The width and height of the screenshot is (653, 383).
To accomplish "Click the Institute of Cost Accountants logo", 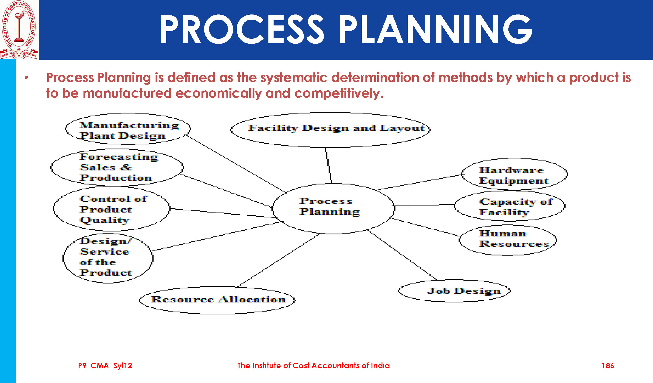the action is [x=19, y=30].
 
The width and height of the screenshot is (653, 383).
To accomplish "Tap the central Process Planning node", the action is [x=333, y=209].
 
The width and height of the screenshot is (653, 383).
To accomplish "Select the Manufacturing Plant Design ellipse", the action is [x=128, y=129].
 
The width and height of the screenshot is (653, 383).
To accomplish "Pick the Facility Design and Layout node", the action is [x=330, y=130].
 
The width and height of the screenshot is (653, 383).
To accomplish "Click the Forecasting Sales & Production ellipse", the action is [x=117, y=168].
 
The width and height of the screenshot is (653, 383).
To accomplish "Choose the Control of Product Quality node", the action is [x=112, y=209].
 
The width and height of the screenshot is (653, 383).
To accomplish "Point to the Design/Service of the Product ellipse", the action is [x=108, y=258].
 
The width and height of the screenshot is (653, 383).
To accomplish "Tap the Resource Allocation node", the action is [x=217, y=300].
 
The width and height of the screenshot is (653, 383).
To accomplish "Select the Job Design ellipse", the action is [x=454, y=291].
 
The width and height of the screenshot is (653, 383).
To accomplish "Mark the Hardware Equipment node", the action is [x=515, y=174].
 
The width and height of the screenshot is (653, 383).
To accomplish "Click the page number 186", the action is [x=608, y=366].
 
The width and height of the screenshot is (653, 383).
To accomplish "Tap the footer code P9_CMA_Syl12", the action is [x=105, y=366].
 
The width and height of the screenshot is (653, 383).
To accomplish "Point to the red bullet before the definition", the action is [x=26, y=77].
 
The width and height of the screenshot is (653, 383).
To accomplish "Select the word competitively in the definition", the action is [x=338, y=93].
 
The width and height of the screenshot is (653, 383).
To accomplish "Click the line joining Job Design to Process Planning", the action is [x=402, y=255].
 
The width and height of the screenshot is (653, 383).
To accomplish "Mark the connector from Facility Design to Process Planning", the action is [x=329, y=165].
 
